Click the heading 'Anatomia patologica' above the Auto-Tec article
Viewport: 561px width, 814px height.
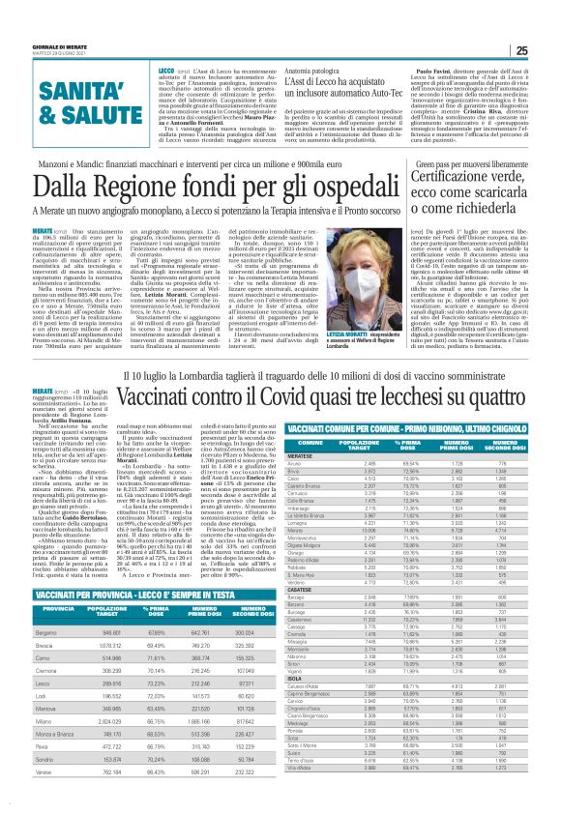[313, 75]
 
